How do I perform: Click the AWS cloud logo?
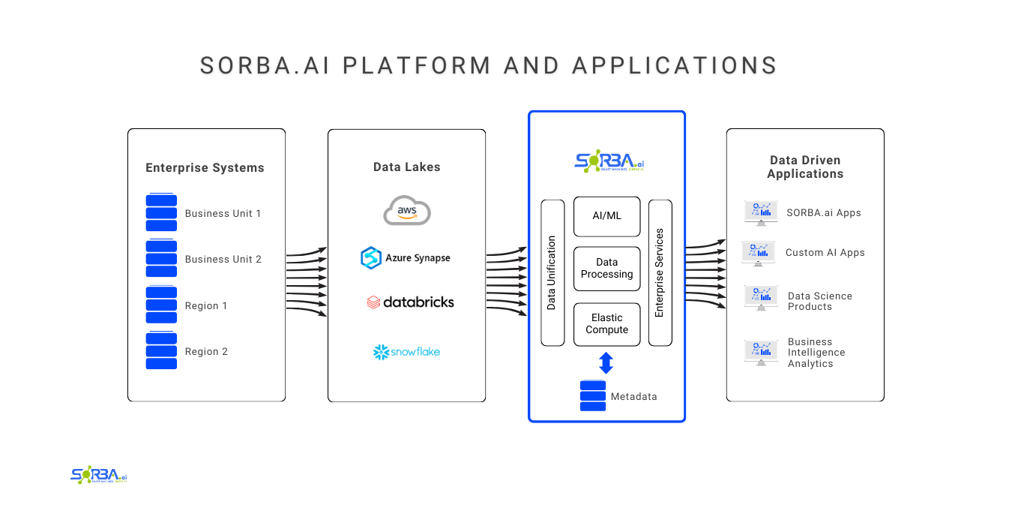[x=407, y=210]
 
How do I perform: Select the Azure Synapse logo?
[x=406, y=257]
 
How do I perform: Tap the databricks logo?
[x=410, y=302]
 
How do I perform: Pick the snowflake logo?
[x=406, y=351]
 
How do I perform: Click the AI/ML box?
[x=606, y=216]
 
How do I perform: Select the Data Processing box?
[x=606, y=269]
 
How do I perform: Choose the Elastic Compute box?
[x=606, y=324]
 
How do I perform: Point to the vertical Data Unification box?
[x=552, y=272]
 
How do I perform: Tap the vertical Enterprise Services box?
[x=660, y=272]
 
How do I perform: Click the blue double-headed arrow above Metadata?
[x=606, y=364]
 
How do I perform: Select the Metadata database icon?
[x=592, y=396]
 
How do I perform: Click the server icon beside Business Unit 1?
[x=161, y=213]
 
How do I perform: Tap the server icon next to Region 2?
[x=161, y=351]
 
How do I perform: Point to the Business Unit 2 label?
[x=223, y=259]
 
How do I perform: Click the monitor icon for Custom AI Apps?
[x=758, y=253]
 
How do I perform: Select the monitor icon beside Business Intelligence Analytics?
[x=761, y=352]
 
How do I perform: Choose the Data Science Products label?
[x=819, y=301]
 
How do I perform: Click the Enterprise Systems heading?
[x=205, y=168]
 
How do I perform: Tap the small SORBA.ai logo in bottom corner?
[x=99, y=475]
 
